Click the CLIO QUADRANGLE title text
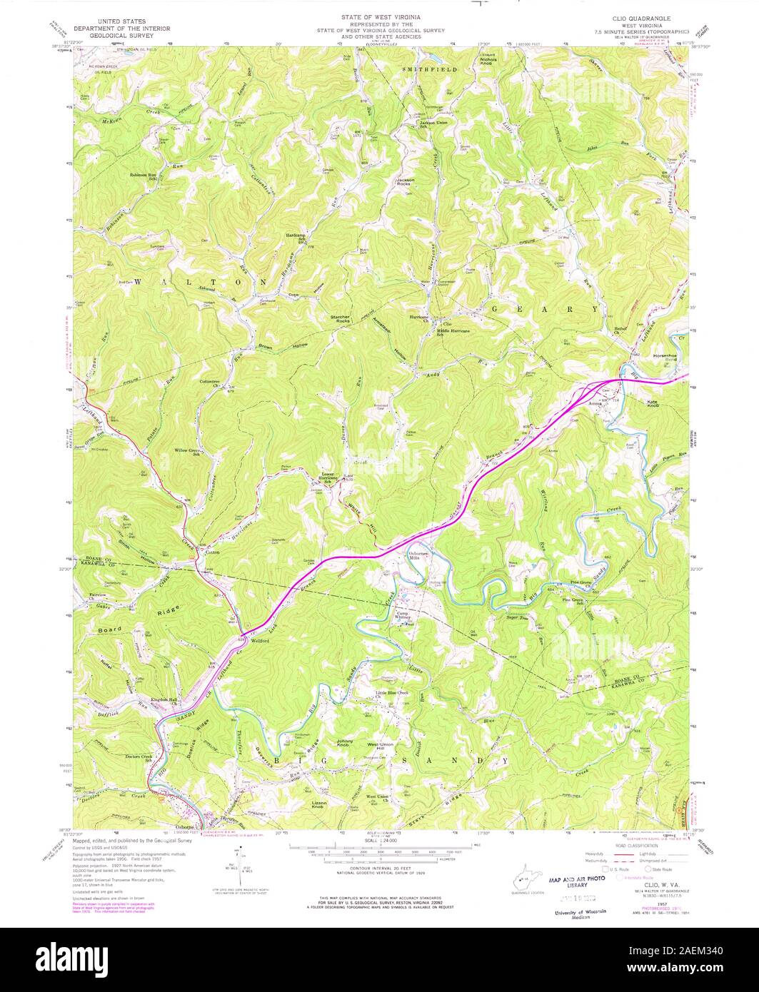click(x=645, y=16)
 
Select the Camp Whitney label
click(x=406, y=615)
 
